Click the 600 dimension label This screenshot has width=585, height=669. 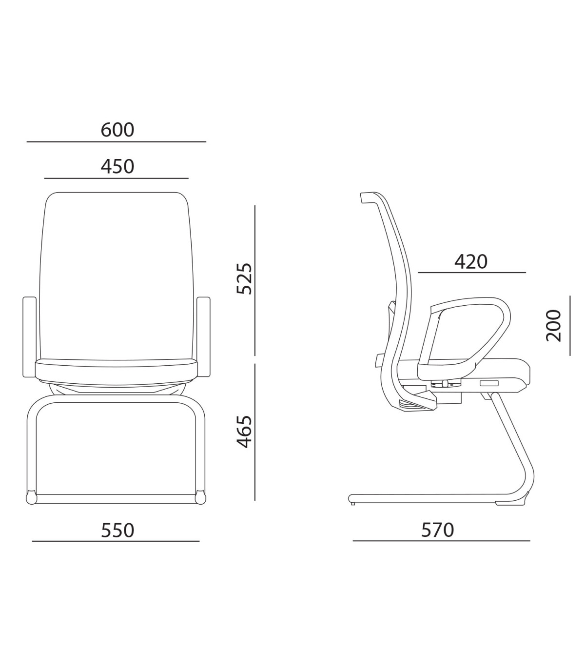(117, 130)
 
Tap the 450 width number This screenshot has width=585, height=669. (117, 166)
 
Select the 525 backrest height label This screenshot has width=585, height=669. (244, 278)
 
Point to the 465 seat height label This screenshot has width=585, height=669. (244, 431)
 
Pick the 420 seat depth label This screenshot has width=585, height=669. (471, 261)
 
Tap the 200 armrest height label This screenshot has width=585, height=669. (553, 326)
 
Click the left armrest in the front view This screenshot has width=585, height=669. (29, 337)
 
